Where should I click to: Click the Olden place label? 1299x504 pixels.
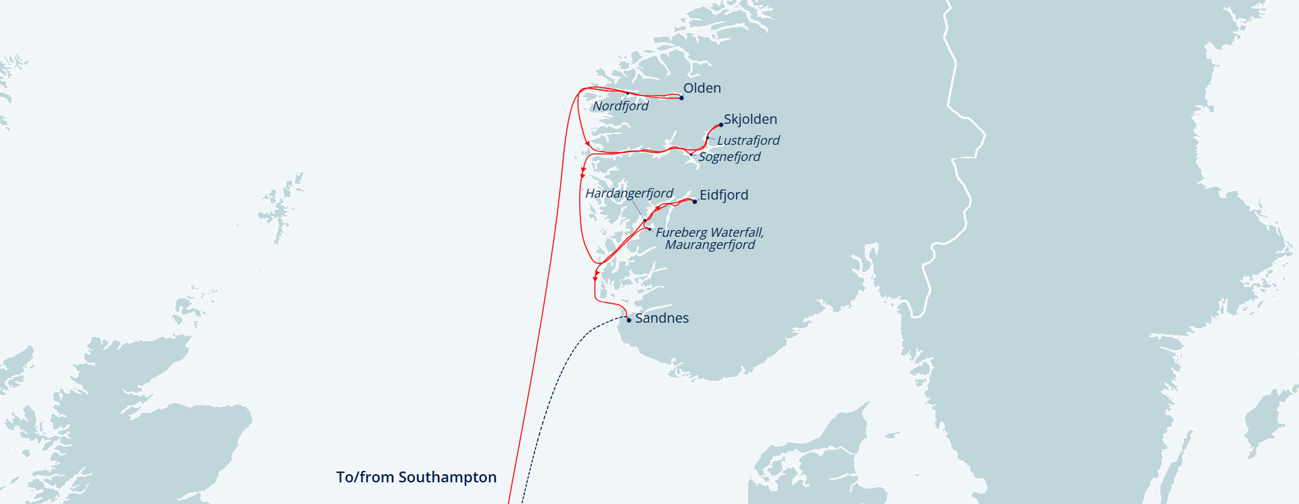pos(702,88)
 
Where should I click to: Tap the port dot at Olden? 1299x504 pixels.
pos(681,98)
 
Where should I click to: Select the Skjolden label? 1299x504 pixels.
pos(750,119)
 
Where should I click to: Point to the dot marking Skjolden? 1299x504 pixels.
pos(721,125)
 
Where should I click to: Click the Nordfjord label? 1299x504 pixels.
pos(620,106)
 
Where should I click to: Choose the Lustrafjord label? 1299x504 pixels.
pos(748,141)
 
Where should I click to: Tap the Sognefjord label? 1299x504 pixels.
pos(729,157)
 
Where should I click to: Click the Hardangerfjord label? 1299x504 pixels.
pos(629,193)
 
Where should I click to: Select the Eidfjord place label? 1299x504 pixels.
pos(724,195)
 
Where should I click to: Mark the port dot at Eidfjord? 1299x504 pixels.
pos(694,202)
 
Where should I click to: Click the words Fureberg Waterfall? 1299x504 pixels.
pos(709,232)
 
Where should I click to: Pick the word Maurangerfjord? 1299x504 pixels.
pos(710,245)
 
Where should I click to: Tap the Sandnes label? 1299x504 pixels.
pos(662,318)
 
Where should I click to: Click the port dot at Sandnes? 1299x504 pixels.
pos(629,320)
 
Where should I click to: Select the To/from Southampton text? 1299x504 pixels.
pos(416,477)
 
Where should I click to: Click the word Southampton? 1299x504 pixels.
pos(447,477)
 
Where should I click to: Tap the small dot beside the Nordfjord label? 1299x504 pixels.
pos(628,93)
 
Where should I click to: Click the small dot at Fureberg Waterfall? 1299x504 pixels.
pos(649,230)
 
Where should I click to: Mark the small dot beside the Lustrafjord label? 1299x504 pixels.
pos(708,138)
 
